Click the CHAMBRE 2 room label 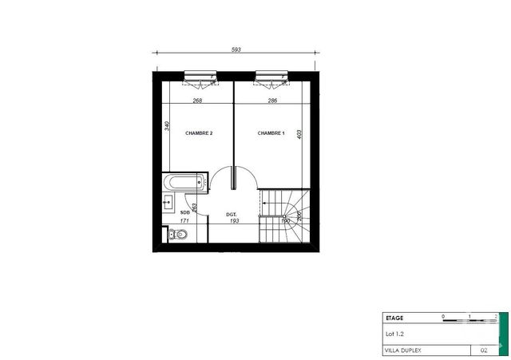click(199, 133)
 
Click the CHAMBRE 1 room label click(271, 133)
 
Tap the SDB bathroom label click(185, 212)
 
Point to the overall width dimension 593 click(236, 49)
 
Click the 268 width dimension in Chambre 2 click(196, 101)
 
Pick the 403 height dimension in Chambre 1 click(298, 135)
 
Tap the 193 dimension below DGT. click(235, 220)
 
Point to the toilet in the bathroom click(177, 234)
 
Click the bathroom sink click(168, 203)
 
